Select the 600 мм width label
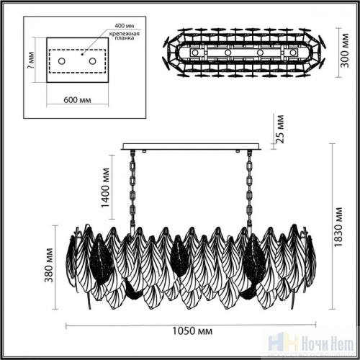click(76, 101)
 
